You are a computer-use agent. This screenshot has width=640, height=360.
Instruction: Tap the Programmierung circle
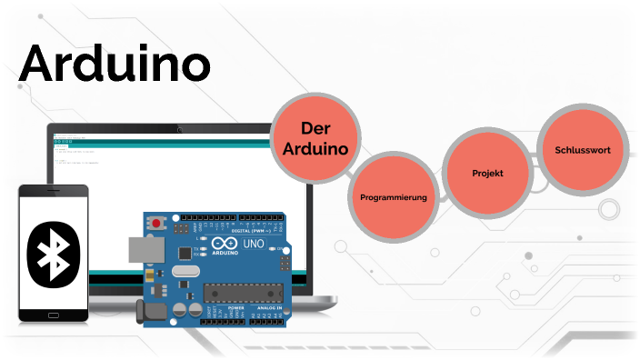(394, 196)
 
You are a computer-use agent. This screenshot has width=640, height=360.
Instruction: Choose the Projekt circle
(487, 173)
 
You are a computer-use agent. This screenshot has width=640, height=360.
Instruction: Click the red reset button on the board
(158, 222)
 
